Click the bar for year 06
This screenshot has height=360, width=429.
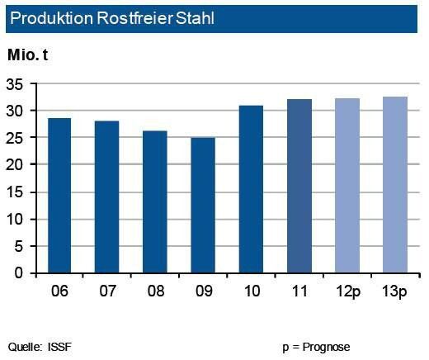point(59,196)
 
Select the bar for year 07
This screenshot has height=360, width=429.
point(107,197)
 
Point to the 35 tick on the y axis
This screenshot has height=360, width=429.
point(16,84)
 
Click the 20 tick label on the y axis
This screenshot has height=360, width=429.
point(16,165)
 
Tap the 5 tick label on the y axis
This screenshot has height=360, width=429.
point(20,246)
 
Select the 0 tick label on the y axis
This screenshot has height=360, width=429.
point(20,273)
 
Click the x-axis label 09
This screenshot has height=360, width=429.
point(203,291)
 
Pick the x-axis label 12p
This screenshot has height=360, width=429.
point(347,291)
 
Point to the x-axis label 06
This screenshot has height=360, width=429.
point(59,291)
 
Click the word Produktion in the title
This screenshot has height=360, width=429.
point(48,17)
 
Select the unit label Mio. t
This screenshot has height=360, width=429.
point(31,56)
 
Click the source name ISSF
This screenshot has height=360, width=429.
point(59,345)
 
